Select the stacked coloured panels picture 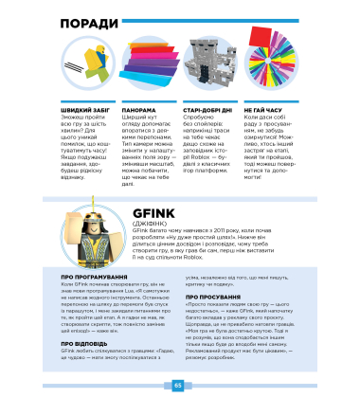[144, 69]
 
